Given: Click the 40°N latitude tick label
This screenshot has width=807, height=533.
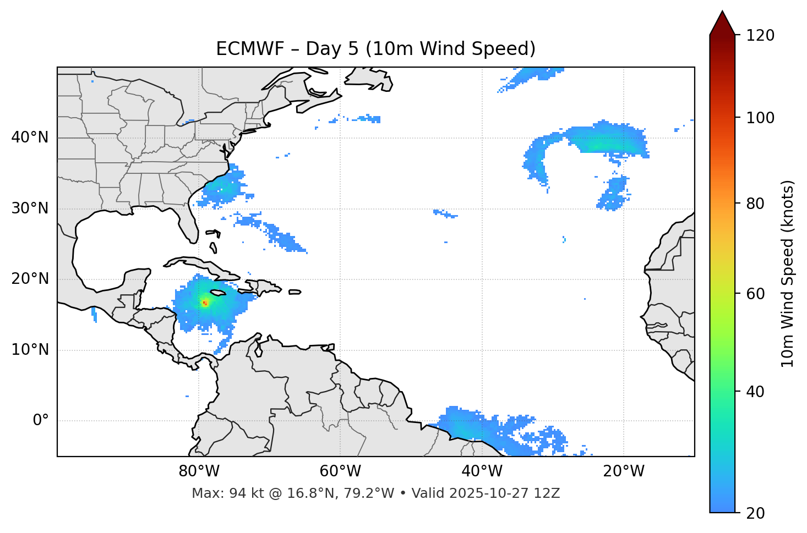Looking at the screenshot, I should (x=30, y=138).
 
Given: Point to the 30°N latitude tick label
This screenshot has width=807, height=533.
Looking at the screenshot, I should (x=30, y=208).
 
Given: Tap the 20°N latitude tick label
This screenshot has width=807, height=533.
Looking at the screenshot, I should (x=30, y=279).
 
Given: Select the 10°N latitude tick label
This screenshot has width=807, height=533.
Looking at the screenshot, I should (x=30, y=350).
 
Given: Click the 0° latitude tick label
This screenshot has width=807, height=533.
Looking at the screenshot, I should (x=41, y=421).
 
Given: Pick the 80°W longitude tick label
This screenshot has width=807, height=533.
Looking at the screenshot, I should (x=199, y=471).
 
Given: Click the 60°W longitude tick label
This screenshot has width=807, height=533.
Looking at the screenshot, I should (x=340, y=471).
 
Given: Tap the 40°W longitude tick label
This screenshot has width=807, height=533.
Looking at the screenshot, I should (x=482, y=471).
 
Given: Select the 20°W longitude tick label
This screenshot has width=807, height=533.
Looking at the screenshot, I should (x=624, y=471).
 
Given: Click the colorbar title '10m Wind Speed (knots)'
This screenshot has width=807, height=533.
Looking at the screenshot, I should (x=788, y=274).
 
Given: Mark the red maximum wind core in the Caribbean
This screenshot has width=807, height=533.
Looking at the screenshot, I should (x=205, y=303).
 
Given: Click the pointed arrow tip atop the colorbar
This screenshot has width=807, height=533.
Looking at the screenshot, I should (x=722, y=13).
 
